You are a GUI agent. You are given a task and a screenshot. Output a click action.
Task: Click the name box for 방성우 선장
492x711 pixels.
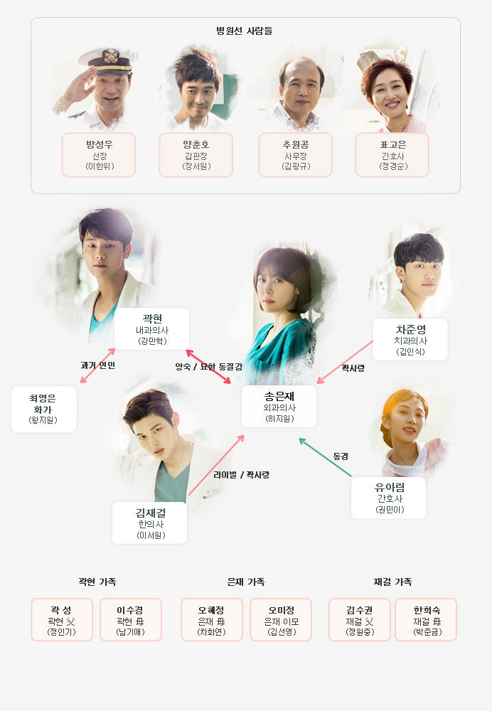pos(98,154)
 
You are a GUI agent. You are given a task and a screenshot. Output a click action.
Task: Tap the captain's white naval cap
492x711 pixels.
pos(106,60)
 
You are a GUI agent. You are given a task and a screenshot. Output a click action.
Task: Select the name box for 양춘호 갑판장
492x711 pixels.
pos(196,154)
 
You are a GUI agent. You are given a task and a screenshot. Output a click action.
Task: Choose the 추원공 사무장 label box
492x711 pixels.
pos(295,154)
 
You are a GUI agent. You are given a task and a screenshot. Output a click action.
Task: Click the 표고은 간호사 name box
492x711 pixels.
pos(392,154)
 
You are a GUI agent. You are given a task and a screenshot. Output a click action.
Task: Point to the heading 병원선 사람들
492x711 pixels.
pos(245,31)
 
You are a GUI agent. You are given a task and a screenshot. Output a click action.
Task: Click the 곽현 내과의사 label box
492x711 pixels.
pos(152,328)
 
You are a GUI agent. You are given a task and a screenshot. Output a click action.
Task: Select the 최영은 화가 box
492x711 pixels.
pos(43,409)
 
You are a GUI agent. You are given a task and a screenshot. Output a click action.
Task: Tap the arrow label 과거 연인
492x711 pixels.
pos(97,365)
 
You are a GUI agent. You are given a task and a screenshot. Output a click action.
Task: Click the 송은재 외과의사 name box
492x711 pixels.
pos(279,406)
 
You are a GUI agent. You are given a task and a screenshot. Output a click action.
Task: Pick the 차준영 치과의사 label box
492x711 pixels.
pos(410,340)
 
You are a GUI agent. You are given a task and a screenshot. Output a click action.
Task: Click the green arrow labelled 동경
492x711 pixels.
pos(325,457)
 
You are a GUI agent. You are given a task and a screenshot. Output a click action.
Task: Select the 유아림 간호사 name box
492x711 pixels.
pos(389,498)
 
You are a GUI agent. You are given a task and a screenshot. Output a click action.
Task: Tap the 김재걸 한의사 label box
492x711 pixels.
pos(149,523)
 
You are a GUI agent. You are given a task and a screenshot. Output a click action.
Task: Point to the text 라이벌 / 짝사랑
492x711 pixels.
pos(241,475)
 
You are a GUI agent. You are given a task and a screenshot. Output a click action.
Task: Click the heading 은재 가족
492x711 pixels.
pos(246,582)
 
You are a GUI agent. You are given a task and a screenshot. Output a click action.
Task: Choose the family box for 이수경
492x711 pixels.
pos(131,619)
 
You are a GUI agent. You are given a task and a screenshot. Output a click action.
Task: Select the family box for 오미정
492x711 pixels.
pos(281,619)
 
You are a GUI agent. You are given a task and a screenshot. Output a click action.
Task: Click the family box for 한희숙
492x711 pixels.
pos(426,619)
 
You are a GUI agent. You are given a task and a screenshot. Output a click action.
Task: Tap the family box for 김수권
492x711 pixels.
pos(360,619)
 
